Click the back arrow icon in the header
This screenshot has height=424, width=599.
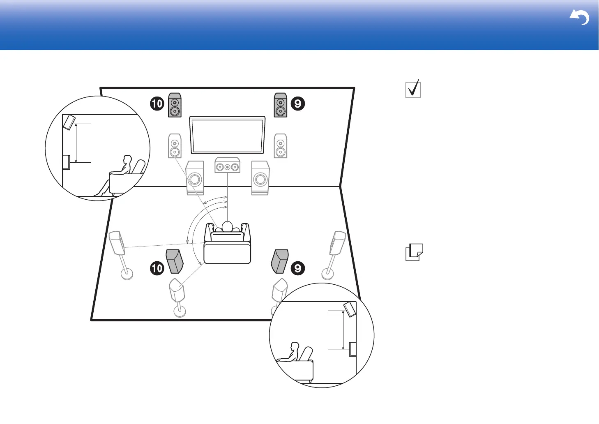click(x=580, y=18)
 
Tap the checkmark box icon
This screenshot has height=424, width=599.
click(x=413, y=89)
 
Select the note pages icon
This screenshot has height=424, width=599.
click(x=414, y=252)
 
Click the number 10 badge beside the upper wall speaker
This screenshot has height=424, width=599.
click(x=157, y=104)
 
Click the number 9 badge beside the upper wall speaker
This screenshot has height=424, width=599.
click(x=298, y=104)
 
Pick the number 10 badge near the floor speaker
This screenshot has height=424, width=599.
click(x=157, y=269)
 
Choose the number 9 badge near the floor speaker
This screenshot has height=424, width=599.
click(x=298, y=269)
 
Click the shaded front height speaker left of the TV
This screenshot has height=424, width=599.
click(x=175, y=105)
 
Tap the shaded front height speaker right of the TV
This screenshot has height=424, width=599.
click(x=281, y=105)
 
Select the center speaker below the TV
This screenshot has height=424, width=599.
click(x=227, y=166)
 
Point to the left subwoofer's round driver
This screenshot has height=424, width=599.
click(x=195, y=180)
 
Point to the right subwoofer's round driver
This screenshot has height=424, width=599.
click(x=260, y=180)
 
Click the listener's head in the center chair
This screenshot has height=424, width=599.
click(x=227, y=226)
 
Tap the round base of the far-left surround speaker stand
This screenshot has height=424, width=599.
click(x=127, y=273)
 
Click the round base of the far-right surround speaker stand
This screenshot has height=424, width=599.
click(x=327, y=273)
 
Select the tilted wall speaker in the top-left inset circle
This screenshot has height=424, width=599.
click(x=69, y=122)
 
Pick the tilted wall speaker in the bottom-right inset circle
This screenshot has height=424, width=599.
click(x=350, y=309)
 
